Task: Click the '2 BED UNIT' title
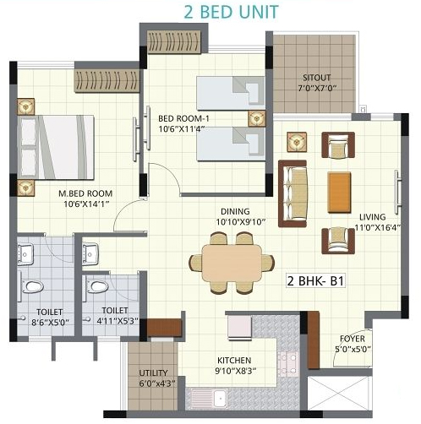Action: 232,13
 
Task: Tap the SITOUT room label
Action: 317,78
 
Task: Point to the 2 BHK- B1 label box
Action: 315,280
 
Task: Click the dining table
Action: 232,264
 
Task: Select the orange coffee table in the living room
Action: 339,193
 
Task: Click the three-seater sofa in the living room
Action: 293,193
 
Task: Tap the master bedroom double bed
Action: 56,147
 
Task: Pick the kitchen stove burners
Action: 288,364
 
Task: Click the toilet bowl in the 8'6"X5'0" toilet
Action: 32,286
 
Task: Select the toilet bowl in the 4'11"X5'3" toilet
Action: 97,286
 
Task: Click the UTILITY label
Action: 153,373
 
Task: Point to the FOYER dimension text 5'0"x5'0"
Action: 353,350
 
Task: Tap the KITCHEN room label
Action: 234,361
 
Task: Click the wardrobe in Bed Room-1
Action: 174,41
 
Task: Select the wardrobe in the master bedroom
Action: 107,80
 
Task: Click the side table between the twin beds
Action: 257,118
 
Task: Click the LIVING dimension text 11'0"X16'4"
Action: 377,228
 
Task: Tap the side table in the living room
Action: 297,142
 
